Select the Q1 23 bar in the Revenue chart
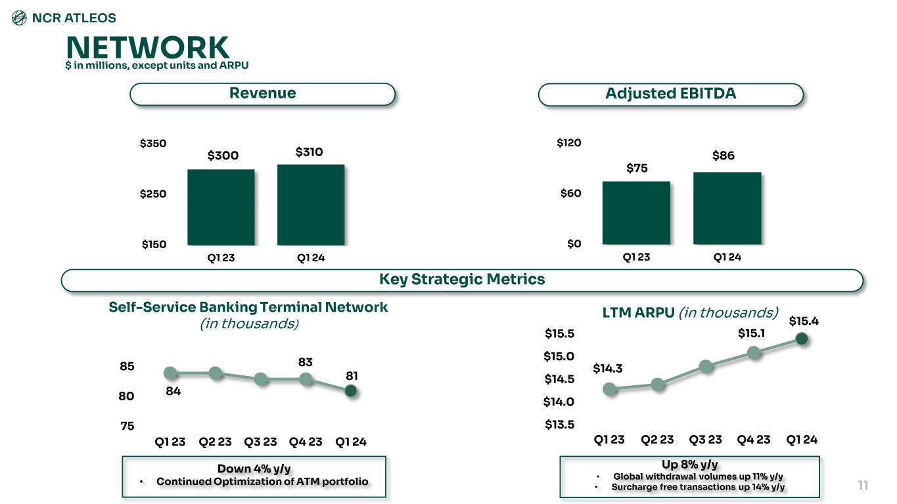[221, 207]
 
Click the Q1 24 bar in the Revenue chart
[311, 204]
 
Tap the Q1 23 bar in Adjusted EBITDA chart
[636, 213]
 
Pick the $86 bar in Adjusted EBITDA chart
[727, 208]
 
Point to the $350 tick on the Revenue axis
[153, 144]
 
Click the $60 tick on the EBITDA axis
[569, 194]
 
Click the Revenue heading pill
[262, 94]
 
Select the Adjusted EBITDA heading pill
[670, 94]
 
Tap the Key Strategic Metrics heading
[461, 280]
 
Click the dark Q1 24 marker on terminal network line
[351, 390]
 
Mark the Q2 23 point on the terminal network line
[215, 373]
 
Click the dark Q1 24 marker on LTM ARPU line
[801, 339]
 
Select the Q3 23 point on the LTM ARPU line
[706, 366]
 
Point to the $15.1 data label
[751, 333]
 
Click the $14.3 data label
[607, 369]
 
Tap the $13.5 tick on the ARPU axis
[559, 425]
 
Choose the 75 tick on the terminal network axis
[127, 426]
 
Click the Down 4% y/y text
[254, 469]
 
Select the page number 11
[863, 486]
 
